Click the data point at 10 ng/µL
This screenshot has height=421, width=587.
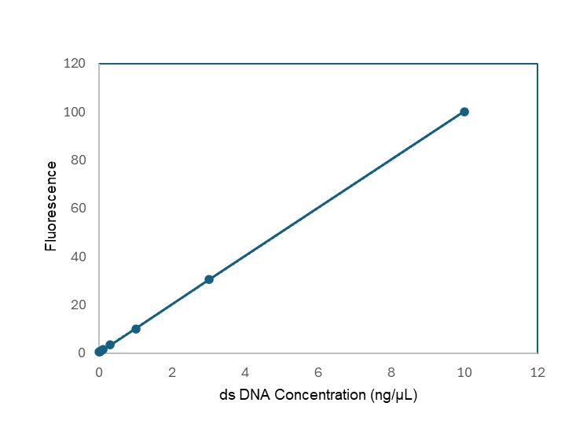pyautogui.click(x=464, y=112)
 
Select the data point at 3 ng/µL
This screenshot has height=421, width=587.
pyautogui.click(x=209, y=279)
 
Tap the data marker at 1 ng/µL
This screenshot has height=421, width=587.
pyautogui.click(x=136, y=329)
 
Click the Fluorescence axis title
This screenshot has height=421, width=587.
pyautogui.click(x=51, y=206)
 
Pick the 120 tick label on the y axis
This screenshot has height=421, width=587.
pyautogui.click(x=75, y=64)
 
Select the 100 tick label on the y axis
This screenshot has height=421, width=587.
pyautogui.click(x=75, y=112)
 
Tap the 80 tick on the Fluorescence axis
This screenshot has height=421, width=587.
pyautogui.click(x=78, y=160)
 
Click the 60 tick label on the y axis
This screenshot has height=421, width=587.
pyautogui.click(x=78, y=208)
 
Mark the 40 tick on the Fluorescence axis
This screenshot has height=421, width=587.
pyautogui.click(x=78, y=257)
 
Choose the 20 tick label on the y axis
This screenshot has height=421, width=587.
pyautogui.click(x=78, y=305)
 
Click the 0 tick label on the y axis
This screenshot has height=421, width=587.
pyautogui.click(x=81, y=353)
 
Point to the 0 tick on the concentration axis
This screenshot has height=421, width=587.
pyautogui.click(x=99, y=372)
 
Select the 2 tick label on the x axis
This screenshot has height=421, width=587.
pyautogui.click(x=172, y=372)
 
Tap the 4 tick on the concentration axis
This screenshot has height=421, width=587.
pyautogui.click(x=245, y=372)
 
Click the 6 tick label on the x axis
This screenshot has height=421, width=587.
pyautogui.click(x=318, y=372)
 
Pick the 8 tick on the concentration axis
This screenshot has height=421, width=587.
pyautogui.click(x=391, y=372)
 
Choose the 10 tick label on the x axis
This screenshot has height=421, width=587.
pyautogui.click(x=464, y=372)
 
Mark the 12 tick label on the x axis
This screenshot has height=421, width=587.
pyautogui.click(x=537, y=372)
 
